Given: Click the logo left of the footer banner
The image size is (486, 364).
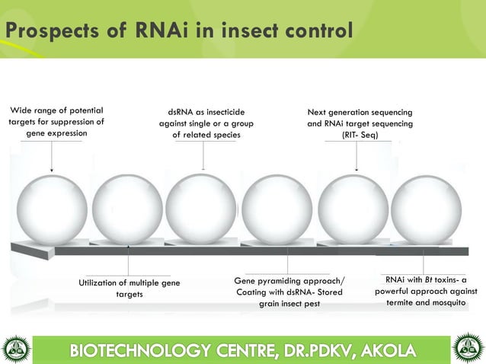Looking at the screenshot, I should click(17, 349).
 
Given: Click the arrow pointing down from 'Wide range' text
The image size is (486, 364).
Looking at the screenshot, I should click(51, 158).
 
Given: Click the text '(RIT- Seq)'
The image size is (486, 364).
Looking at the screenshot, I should click(360, 135).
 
